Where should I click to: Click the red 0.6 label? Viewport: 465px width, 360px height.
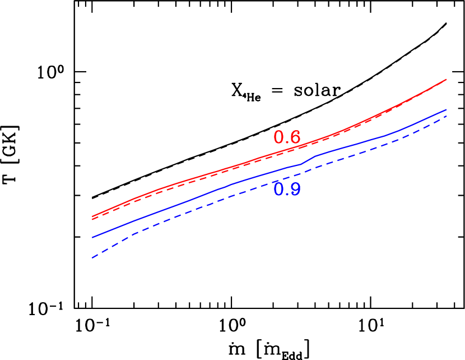pyautogui.click(x=287, y=137)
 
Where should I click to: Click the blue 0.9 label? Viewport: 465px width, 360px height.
pyautogui.click(x=287, y=190)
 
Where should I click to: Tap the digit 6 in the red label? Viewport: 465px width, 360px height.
pyautogui.click(x=295, y=137)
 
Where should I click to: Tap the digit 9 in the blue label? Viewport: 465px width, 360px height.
pyautogui.click(x=295, y=190)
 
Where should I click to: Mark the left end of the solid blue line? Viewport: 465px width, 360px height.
pyautogui.click(x=92, y=238)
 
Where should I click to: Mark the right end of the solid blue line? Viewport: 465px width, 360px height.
pyautogui.click(x=447, y=109)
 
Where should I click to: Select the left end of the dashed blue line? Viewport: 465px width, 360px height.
pyautogui.click(x=92, y=258)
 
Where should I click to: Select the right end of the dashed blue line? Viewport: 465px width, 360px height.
pyautogui.click(x=447, y=116)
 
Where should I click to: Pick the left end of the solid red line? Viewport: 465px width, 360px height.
pyautogui.click(x=92, y=216)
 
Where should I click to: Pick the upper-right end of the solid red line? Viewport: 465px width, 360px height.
pyautogui.click(x=447, y=79)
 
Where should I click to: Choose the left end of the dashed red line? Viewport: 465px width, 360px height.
pyautogui.click(x=92, y=220)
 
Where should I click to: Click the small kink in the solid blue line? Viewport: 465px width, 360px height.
pyautogui.click(x=301, y=164)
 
